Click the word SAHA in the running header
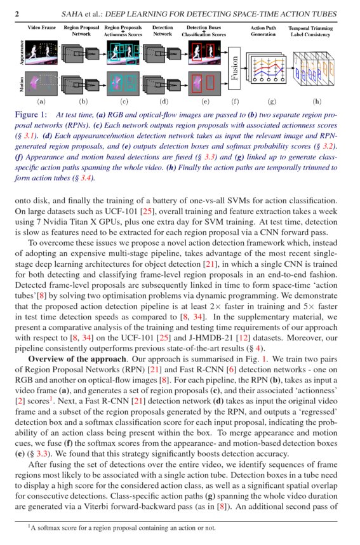pyautogui.click(x=77, y=14)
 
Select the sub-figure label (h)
pyautogui.click(x=316, y=101)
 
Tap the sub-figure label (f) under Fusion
pyautogui.click(x=236, y=101)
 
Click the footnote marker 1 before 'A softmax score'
pyautogui.click(x=29, y=525)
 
